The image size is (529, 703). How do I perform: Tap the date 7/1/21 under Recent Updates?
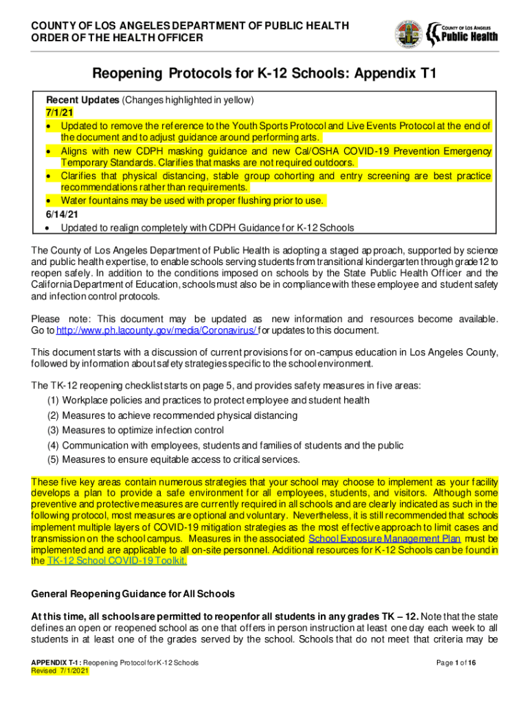(x=57, y=113)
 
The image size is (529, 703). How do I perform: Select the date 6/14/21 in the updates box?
(x=60, y=214)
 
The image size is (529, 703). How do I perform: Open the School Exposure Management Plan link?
(x=385, y=539)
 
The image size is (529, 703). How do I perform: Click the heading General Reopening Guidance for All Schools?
(x=133, y=594)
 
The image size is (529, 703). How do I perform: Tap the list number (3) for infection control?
(x=53, y=430)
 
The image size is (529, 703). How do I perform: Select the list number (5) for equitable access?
(x=53, y=460)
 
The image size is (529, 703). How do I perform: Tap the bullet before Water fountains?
(x=51, y=201)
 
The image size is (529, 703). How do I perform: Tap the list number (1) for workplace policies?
(x=53, y=400)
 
